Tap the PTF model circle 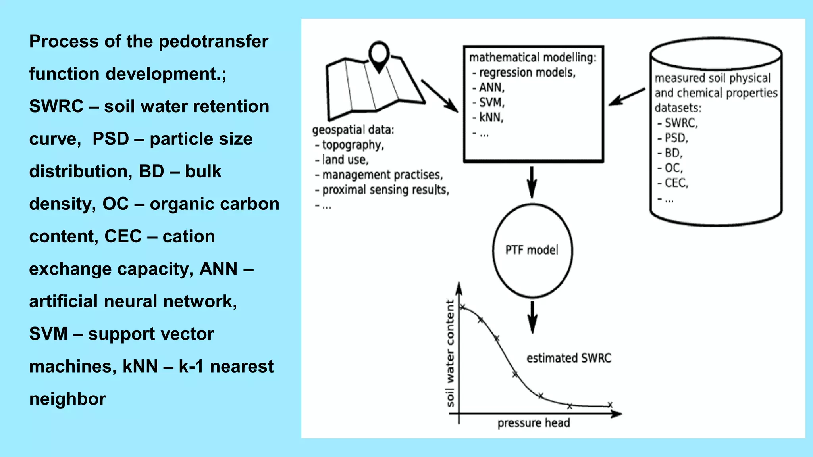[532, 250]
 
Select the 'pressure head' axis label [534, 423]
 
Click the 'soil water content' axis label [450, 353]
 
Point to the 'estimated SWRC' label [568, 358]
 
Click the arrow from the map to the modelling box [439, 96]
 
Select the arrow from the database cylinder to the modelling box [627, 97]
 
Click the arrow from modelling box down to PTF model [532, 182]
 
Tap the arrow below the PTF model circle [532, 317]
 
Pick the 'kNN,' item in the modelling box [491, 117]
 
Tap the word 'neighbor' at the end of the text [67, 399]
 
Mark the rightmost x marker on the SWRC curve [610, 405]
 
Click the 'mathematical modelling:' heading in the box [533, 58]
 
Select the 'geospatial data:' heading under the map [353, 130]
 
